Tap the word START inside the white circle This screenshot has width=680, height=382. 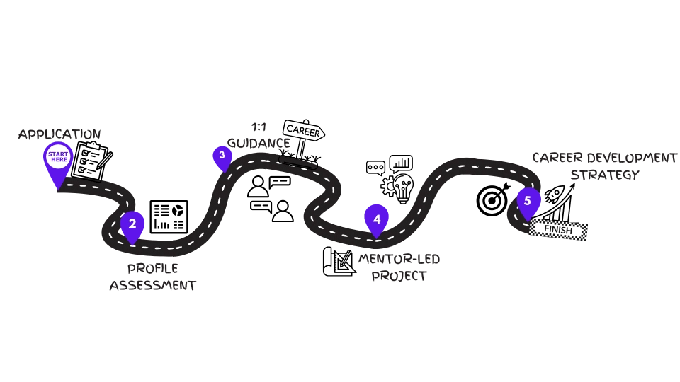58,154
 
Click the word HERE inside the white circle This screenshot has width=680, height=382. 58,160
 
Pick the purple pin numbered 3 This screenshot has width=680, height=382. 222,156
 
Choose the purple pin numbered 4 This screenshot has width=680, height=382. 377,219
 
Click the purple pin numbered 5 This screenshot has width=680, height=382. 528,202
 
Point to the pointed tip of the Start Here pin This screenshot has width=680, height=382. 57,190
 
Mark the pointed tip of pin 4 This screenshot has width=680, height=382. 377,238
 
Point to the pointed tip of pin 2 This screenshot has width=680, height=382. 132,244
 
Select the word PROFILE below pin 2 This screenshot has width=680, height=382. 153,269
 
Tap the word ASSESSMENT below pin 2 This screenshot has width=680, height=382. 153,286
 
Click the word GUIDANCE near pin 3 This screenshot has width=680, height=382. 259,142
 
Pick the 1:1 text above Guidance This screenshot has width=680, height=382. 259,126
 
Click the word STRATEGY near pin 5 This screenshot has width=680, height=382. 604,175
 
